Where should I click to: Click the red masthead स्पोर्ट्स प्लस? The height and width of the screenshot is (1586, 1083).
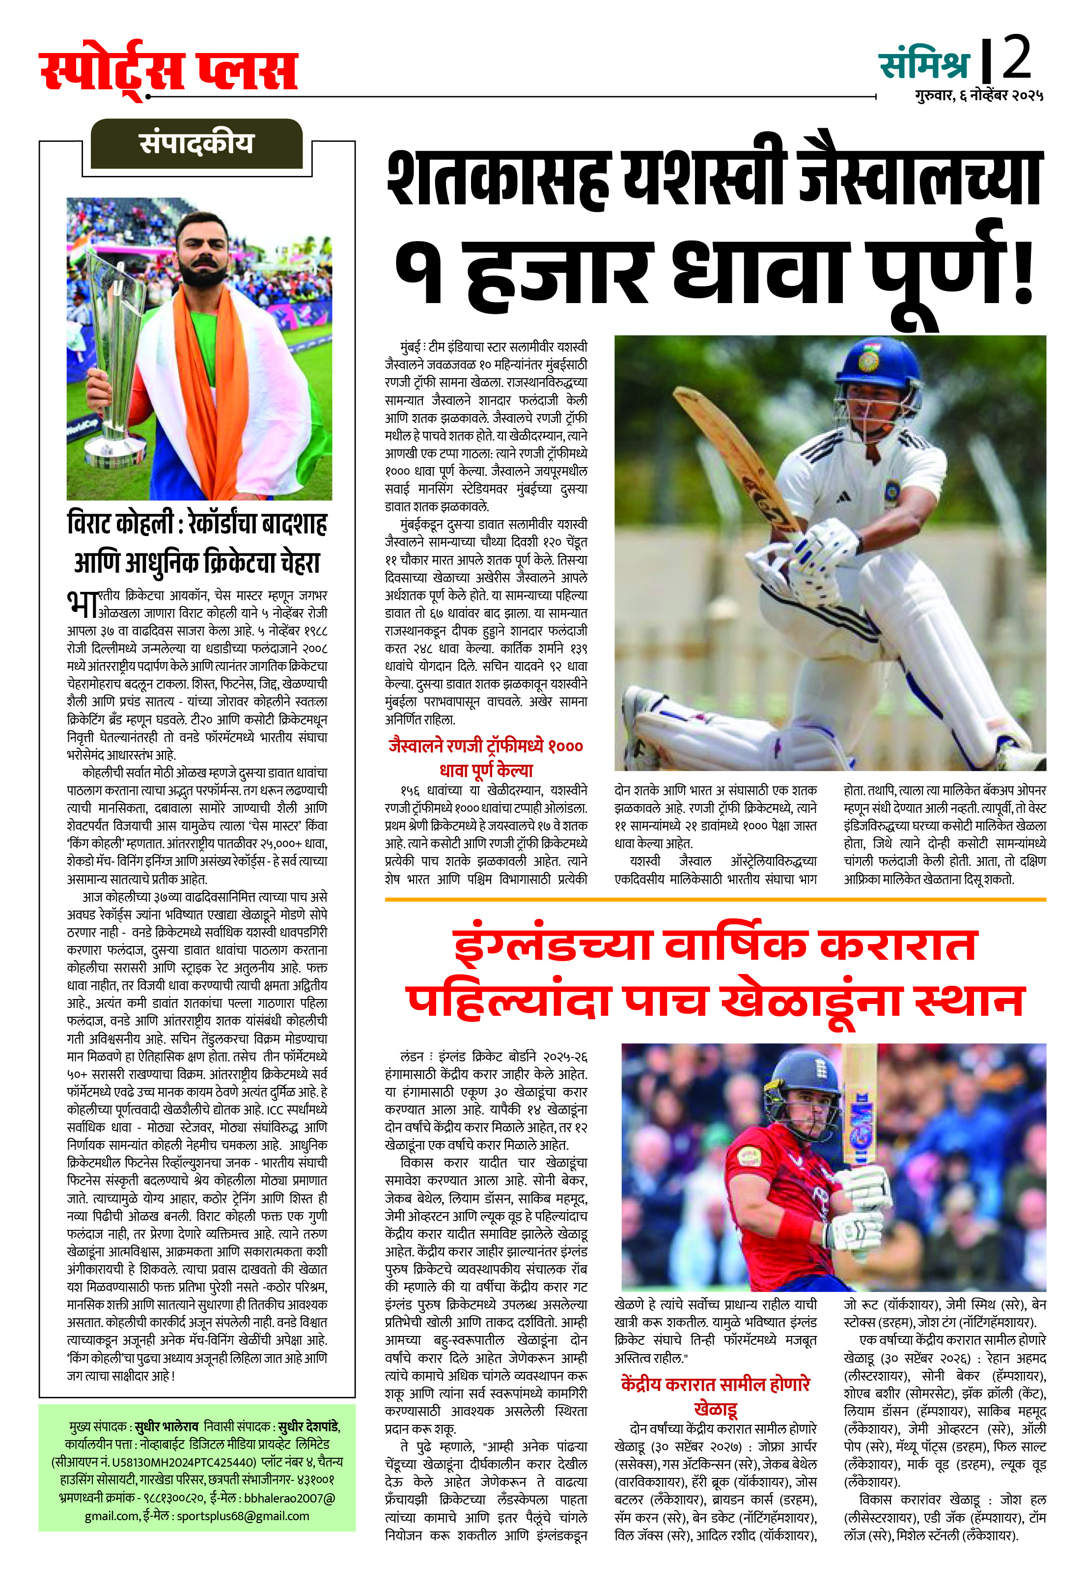tap(168, 70)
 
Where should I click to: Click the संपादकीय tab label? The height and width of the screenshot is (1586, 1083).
tap(196, 143)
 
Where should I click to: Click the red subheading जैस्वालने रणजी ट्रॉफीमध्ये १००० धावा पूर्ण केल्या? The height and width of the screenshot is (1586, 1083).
tap(485, 757)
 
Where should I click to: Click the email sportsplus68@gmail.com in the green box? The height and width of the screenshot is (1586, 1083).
tap(243, 1516)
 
